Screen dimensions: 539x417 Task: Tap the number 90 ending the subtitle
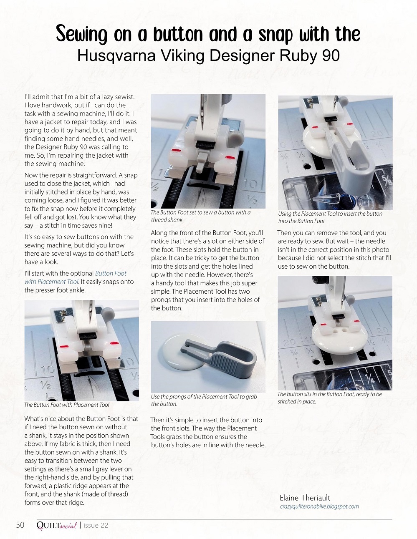(x=331, y=55)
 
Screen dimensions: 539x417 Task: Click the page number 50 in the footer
(x=20, y=525)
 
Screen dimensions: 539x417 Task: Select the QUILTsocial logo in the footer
(x=56, y=525)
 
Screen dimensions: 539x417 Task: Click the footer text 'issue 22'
(x=96, y=525)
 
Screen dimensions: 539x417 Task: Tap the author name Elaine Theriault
(x=305, y=498)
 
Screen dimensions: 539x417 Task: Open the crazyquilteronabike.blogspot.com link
(x=319, y=506)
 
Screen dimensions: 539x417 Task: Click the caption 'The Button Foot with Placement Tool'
(x=67, y=405)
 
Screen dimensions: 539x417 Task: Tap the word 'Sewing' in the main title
(x=81, y=35)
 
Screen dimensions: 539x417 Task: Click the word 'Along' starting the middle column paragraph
(x=159, y=233)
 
